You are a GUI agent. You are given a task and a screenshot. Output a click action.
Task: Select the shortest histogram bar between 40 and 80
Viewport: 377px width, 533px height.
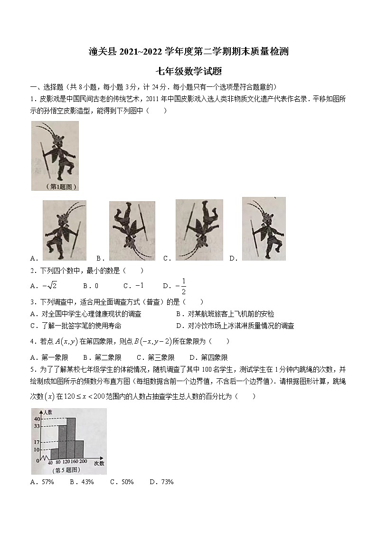click(55, 454)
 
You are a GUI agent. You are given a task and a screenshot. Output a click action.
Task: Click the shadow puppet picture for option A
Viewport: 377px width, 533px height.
click(64, 230)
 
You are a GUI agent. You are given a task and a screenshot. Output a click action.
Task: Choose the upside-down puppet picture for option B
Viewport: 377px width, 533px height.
click(132, 231)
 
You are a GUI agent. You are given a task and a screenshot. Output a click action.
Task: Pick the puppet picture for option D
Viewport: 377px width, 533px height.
click(264, 229)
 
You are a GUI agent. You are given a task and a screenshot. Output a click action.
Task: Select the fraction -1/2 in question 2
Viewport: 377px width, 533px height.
click(181, 286)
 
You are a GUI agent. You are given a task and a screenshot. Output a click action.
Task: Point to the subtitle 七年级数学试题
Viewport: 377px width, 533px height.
click(188, 72)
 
